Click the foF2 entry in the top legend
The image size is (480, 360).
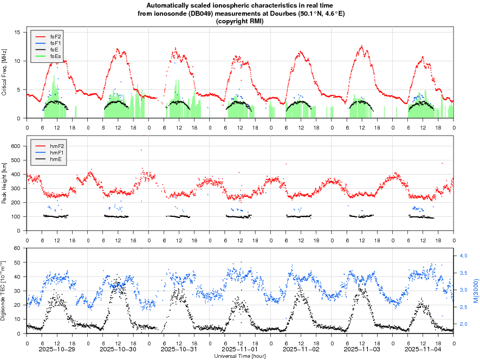(56, 36)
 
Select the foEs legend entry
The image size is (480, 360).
(56, 56)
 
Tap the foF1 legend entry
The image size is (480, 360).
(56, 43)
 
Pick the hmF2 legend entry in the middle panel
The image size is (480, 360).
(57, 146)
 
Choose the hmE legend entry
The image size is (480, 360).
(56, 159)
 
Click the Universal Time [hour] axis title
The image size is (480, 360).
(240, 356)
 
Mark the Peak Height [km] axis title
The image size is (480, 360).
(4, 185)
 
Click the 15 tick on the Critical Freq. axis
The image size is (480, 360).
(17, 33)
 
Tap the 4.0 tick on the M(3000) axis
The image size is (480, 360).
(464, 255)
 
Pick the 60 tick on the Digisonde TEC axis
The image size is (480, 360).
(17, 248)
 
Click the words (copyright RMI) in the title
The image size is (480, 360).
(240, 21)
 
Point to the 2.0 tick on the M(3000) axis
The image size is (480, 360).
(464, 324)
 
